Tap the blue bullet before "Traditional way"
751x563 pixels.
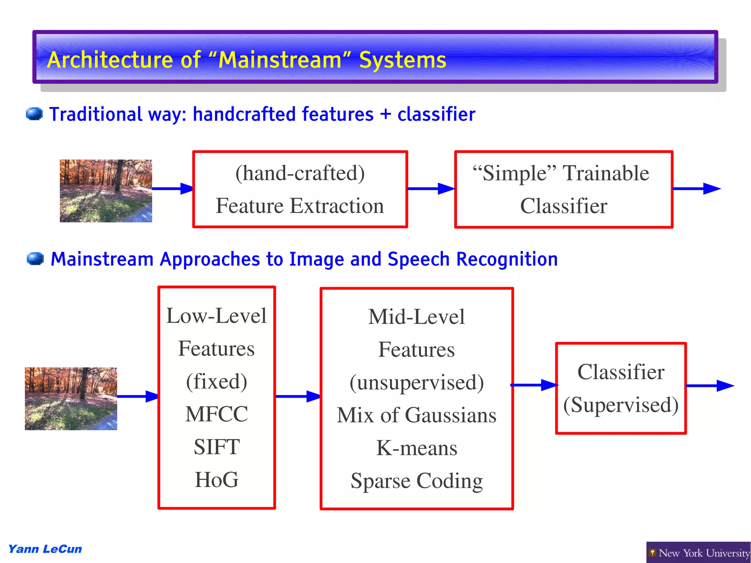[x=34, y=114]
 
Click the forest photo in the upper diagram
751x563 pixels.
[x=106, y=191]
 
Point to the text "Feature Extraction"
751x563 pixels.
[x=300, y=206]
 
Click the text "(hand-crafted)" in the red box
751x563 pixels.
[x=300, y=173]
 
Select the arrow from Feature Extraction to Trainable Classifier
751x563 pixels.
[x=431, y=189]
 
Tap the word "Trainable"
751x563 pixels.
[x=606, y=173]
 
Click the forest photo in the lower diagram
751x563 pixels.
[x=71, y=399]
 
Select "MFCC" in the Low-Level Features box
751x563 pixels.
[x=216, y=414]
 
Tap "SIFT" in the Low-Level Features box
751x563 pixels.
[x=216, y=447]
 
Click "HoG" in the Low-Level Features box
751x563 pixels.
[x=216, y=479]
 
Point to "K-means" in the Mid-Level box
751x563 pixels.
[x=417, y=448]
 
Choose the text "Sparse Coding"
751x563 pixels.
[x=417, y=481]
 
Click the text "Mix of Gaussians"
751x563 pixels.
[x=417, y=415]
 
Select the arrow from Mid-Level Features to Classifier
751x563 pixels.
[x=534, y=385]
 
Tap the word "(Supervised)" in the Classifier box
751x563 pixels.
[x=621, y=405]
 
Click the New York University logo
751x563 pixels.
[x=699, y=553]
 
